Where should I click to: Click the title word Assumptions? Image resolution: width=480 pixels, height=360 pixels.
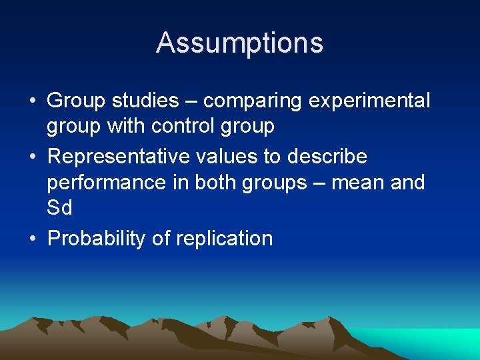(x=240, y=43)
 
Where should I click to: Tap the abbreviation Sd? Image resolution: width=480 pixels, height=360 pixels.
(x=59, y=208)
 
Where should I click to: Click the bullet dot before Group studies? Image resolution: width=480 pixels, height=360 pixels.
(x=32, y=102)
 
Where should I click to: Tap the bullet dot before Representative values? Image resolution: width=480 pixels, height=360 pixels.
(x=32, y=158)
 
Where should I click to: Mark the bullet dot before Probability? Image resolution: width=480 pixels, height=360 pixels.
(x=32, y=239)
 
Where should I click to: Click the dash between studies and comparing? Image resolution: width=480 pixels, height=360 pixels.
(x=191, y=102)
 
